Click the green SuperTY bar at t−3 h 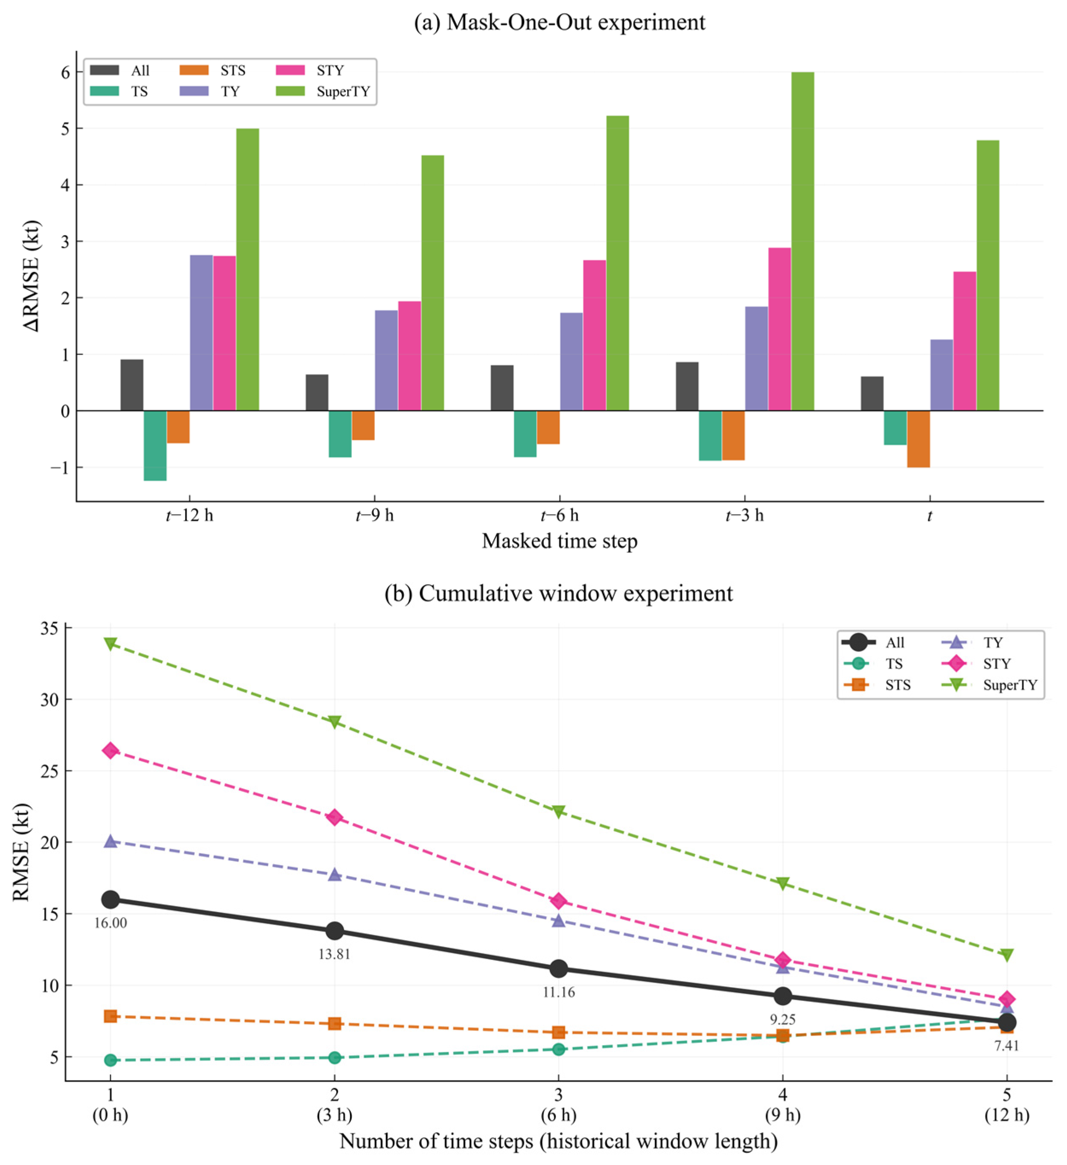pyautogui.click(x=802, y=241)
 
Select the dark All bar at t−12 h pyautogui.click(x=132, y=385)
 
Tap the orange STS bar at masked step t pyautogui.click(x=918, y=439)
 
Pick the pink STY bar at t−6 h pyautogui.click(x=594, y=335)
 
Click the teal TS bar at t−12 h pyautogui.click(x=155, y=446)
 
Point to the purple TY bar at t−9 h pyautogui.click(x=386, y=361)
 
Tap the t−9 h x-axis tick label pyautogui.click(x=375, y=515)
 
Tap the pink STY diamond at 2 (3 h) pyautogui.click(x=335, y=817)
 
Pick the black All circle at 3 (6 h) pyautogui.click(x=558, y=969)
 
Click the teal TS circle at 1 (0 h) pyautogui.click(x=111, y=1060)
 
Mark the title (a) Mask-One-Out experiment pyautogui.click(x=560, y=22)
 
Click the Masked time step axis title pyautogui.click(x=560, y=541)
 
